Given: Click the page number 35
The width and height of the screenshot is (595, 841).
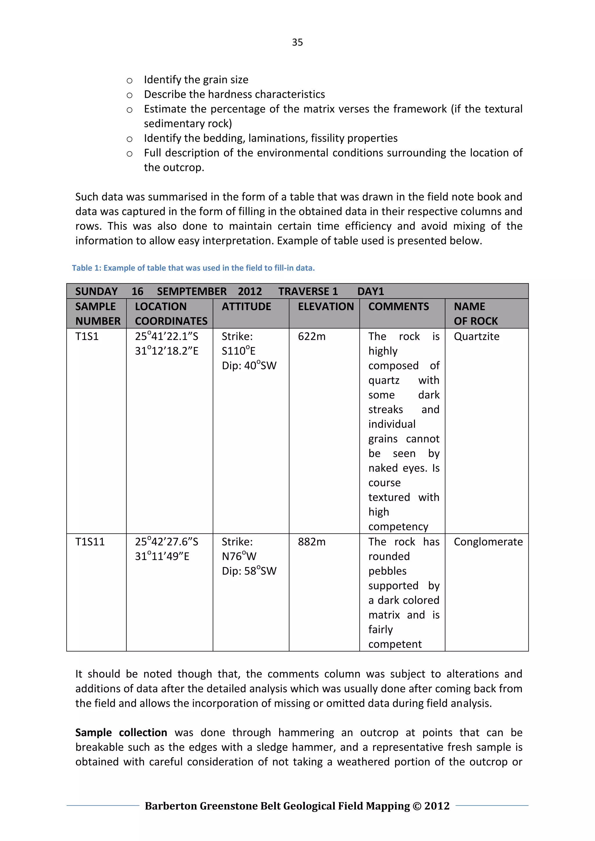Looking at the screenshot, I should [x=297, y=42].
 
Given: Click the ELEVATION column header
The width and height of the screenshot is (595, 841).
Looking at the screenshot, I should [x=325, y=307].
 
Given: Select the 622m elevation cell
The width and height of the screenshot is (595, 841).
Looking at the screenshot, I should [x=311, y=337].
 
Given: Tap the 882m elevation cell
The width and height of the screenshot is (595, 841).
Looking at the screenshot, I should [x=311, y=542].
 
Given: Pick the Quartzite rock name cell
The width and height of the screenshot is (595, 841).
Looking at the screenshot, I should [x=476, y=337].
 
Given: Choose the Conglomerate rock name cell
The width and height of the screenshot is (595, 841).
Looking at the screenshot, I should [x=488, y=542].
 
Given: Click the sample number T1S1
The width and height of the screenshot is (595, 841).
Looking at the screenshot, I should [x=87, y=337].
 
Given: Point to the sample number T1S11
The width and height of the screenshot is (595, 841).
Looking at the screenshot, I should [x=90, y=542].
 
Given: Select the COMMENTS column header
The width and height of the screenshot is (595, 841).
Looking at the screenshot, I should [x=398, y=307].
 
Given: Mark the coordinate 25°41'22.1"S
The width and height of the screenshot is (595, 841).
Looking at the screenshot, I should [x=166, y=337].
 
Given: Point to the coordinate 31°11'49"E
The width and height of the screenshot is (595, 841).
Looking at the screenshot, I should [x=162, y=556].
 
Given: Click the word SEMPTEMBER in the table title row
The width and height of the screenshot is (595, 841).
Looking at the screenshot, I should [x=192, y=292].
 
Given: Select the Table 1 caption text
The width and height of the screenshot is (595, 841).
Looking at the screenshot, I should [x=193, y=268].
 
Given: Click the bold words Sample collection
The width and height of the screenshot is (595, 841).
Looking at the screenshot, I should [x=121, y=733].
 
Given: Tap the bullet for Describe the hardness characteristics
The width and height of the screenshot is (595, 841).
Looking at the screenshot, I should [x=129, y=95].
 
